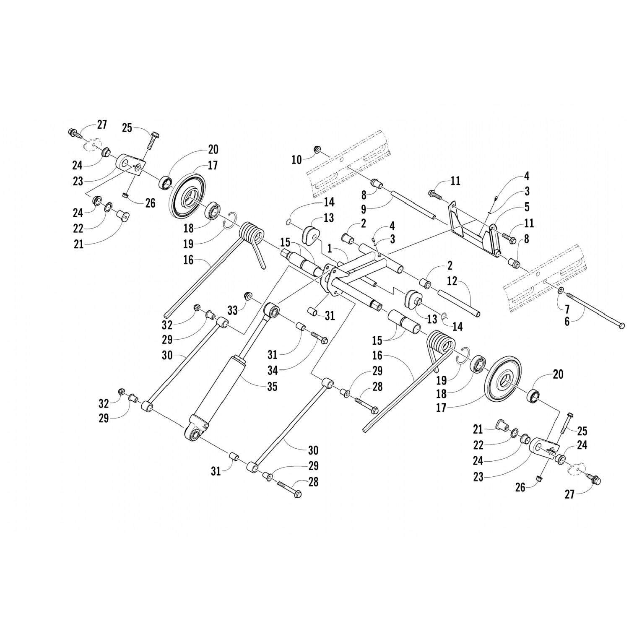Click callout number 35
[x=272, y=386]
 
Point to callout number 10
[x=296, y=160]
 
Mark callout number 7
[x=567, y=310]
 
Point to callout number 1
[x=330, y=249]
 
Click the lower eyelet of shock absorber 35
[x=194, y=434]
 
